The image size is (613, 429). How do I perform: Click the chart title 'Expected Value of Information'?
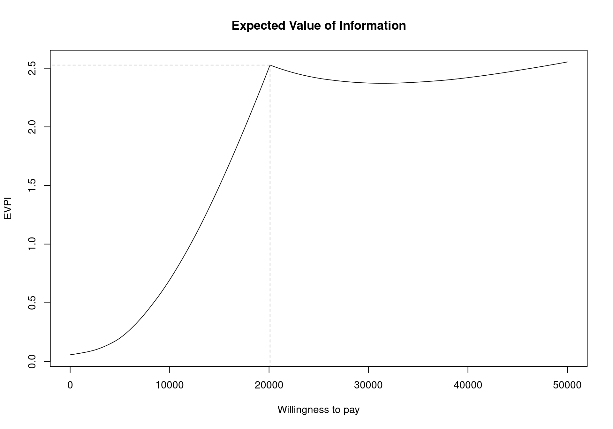click(x=319, y=26)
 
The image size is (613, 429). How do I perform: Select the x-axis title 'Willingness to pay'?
click(x=319, y=410)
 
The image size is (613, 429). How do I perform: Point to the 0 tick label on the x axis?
click(x=70, y=385)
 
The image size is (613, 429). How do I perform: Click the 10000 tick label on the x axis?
click(x=170, y=385)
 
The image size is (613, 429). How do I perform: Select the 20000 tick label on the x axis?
click(x=269, y=385)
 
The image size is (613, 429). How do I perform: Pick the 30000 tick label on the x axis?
click(x=368, y=385)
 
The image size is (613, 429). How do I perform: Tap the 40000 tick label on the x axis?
click(x=468, y=385)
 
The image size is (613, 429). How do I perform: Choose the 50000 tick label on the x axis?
click(x=567, y=385)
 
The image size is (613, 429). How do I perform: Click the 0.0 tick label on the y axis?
click(x=32, y=361)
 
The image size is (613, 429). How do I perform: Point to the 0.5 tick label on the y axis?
click(x=32, y=303)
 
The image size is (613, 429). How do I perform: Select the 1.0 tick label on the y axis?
click(x=32, y=244)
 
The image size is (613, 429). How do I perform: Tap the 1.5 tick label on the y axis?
click(x=32, y=185)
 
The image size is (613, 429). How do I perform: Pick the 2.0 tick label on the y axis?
click(x=32, y=127)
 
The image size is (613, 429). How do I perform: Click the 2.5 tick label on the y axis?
click(x=32, y=68)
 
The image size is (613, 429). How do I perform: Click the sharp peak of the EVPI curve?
click(x=270, y=65)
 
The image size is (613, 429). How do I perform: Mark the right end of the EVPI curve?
click(x=567, y=62)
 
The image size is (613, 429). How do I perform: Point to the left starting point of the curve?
click(x=70, y=355)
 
